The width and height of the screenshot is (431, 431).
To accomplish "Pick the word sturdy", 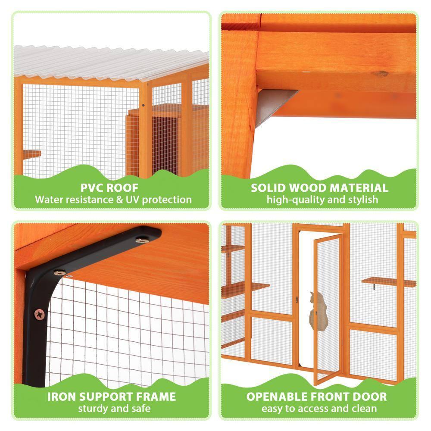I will [93, 408].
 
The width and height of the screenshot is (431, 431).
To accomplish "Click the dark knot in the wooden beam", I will [381, 74].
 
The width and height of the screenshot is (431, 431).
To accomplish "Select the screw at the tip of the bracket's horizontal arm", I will [143, 240].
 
